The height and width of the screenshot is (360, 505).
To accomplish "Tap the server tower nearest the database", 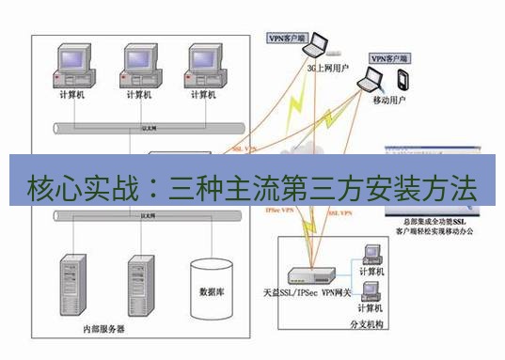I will (141, 282).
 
